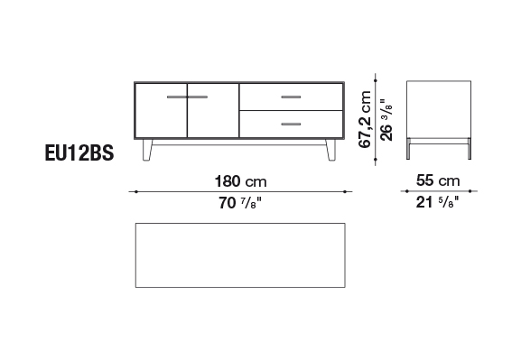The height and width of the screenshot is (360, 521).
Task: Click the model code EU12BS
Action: pyautogui.click(x=79, y=153)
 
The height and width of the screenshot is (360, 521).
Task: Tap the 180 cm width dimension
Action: pyautogui.click(x=240, y=181)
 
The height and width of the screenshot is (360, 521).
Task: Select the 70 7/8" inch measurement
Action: pyautogui.click(x=240, y=203)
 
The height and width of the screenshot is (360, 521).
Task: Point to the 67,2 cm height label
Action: pyautogui.click(x=365, y=119)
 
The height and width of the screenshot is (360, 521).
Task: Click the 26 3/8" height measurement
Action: pyautogui.click(x=386, y=120)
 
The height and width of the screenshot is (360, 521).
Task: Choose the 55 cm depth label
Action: pyautogui.click(x=438, y=180)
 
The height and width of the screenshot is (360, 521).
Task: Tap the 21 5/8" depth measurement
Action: pyautogui.click(x=437, y=202)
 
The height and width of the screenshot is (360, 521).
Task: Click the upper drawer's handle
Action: pyautogui.click(x=291, y=97)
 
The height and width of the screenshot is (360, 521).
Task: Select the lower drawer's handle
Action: pyautogui.click(x=291, y=125)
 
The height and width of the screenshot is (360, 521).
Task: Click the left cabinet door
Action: pyautogui.click(x=161, y=110)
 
